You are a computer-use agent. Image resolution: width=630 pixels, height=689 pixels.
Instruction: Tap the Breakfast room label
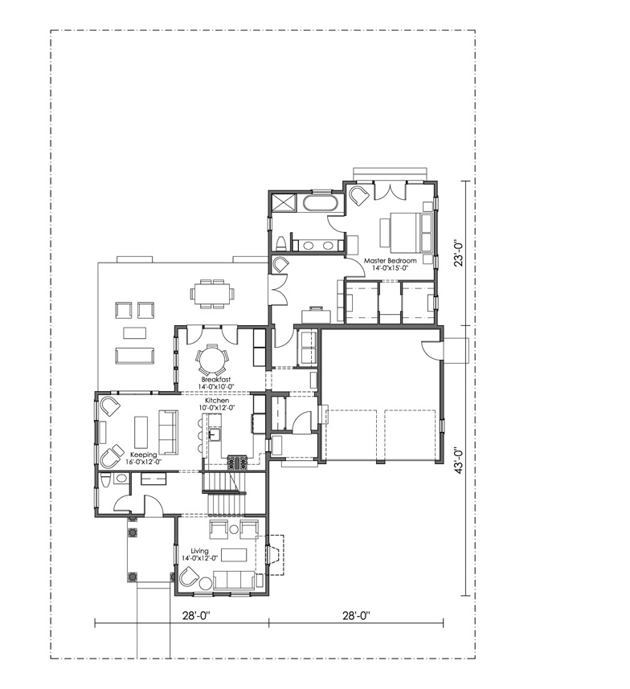(216, 379)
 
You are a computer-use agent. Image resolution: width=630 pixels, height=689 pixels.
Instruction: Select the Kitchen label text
(217, 401)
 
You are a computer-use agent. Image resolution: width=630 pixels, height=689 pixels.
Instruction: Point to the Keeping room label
(144, 455)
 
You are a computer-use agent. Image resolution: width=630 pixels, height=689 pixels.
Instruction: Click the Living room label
(199, 551)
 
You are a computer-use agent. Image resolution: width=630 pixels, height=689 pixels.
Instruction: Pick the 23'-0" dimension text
(460, 252)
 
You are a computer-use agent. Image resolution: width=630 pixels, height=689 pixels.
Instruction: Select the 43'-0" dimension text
(460, 459)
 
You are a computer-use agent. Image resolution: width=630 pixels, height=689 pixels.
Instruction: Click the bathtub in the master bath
(320, 202)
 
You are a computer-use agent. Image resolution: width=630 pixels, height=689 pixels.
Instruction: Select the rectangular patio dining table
(212, 292)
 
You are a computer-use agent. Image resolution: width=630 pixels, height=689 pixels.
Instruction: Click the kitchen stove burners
(238, 463)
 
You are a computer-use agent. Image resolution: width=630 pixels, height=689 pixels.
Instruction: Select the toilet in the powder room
(105, 481)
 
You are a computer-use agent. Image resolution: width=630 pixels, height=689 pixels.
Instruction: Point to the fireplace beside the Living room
(274, 555)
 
